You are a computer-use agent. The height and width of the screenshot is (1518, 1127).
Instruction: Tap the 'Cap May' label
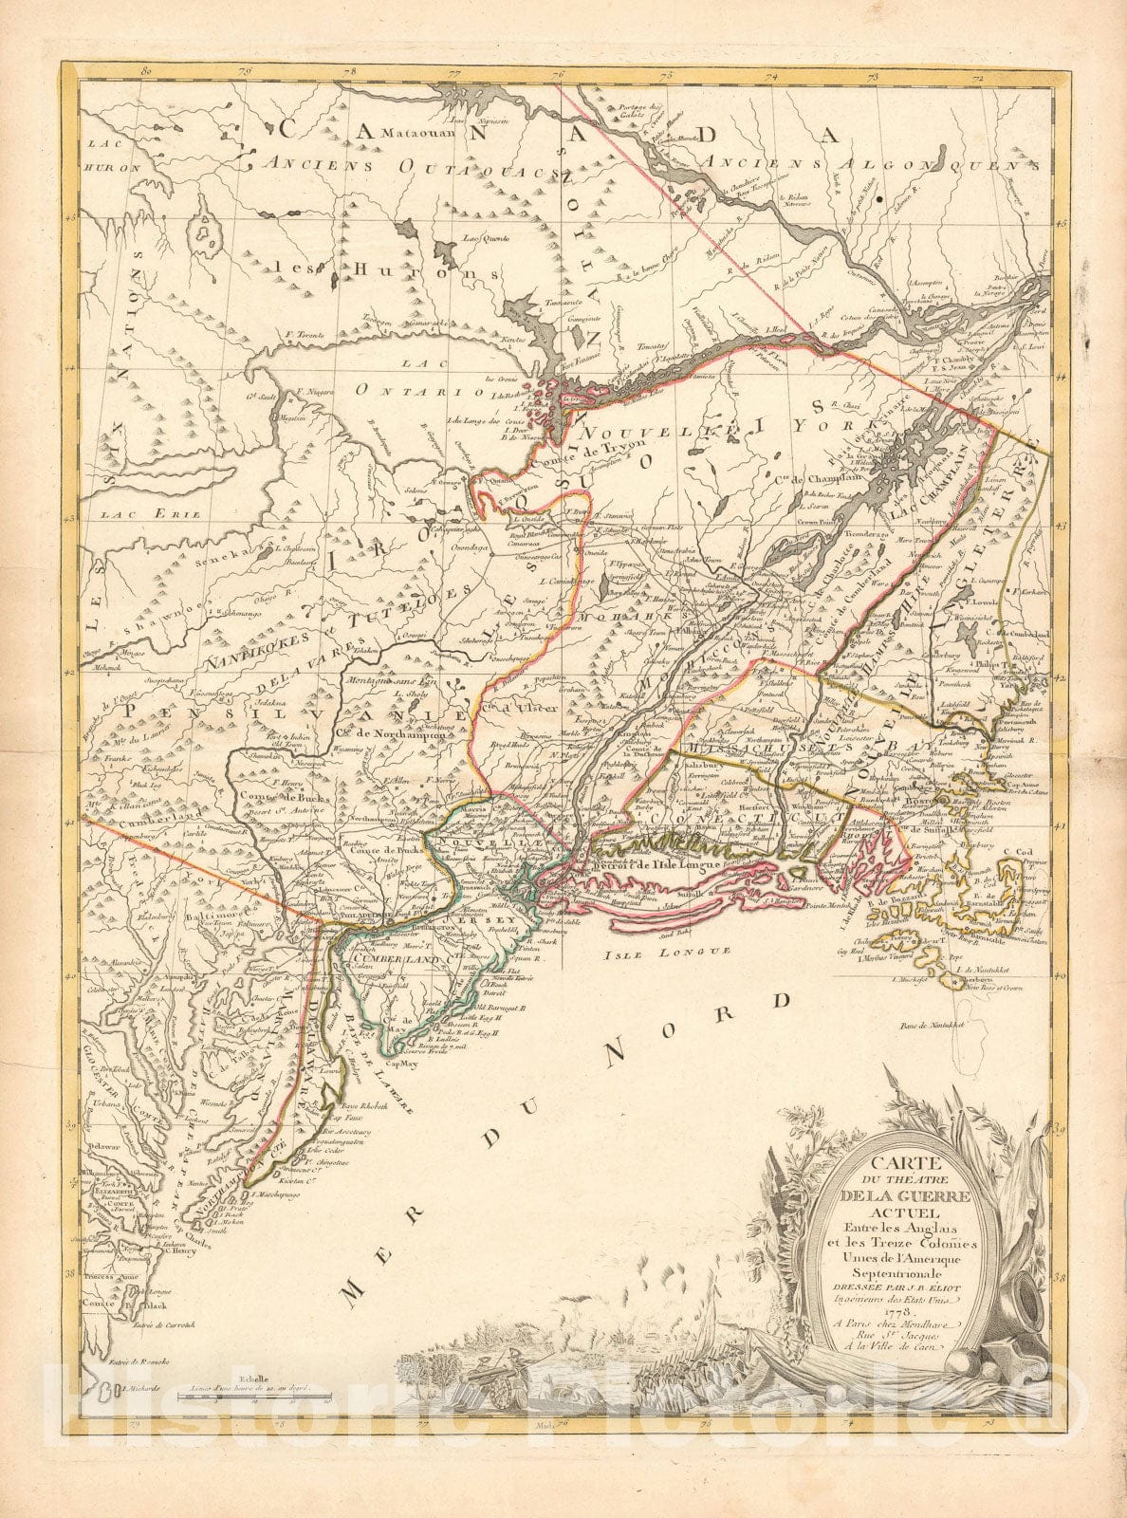pos(403,1064)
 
